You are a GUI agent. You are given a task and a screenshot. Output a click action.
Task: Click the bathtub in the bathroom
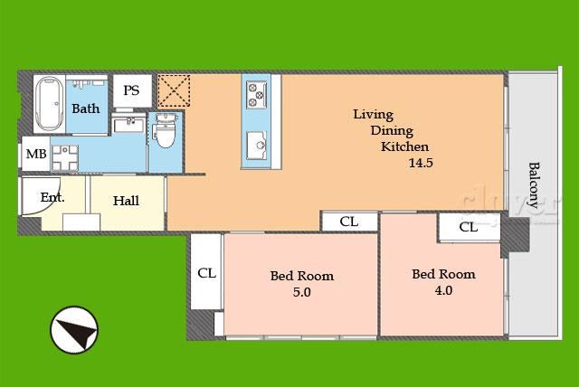pos(49,104)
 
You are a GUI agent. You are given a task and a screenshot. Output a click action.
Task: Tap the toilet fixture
pos(165,131)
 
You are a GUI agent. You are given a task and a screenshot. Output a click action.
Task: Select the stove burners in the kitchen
pos(257,94)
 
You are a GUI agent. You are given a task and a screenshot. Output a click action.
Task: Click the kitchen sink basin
pos(257,145)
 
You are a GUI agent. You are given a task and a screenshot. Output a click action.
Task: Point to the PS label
pos(131,90)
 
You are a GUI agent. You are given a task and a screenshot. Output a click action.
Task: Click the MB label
pos(36,154)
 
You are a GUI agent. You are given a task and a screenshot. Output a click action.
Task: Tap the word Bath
pos(86,109)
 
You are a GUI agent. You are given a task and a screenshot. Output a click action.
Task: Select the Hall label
pos(126,201)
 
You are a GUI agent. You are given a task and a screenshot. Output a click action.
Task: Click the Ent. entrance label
pos(52,197)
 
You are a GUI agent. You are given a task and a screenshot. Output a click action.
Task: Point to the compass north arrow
pos(74,330)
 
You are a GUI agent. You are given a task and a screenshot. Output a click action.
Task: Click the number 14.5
pos(421,163)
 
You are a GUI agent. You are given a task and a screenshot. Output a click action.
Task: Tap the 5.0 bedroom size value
pos(301,292)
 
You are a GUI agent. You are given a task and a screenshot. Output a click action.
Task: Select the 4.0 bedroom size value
pos(443,290)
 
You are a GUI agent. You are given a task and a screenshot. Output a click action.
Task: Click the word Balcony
pos(535,185)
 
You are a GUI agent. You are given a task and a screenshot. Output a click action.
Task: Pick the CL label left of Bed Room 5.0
pos(206,273)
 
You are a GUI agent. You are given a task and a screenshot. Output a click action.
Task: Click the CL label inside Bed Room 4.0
pos(469,227)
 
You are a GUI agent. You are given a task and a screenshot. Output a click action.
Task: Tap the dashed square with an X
pos(174,90)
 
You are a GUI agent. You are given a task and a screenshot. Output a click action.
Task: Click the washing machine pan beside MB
pos(65,158)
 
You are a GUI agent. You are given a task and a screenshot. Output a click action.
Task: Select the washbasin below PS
pos(128,124)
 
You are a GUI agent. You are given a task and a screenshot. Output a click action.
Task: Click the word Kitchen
pos(404,146)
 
